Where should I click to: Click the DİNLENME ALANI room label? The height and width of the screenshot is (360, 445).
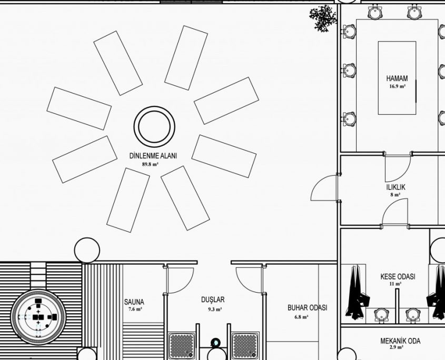pos(153,156)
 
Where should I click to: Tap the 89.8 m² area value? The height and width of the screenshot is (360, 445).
pos(150,164)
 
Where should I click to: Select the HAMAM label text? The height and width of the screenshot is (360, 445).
pos(397,78)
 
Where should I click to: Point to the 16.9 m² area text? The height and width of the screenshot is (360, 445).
pos(397,86)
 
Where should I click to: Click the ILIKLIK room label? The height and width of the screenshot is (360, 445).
pos(395,187)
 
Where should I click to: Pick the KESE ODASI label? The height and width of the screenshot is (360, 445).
pos(398,276)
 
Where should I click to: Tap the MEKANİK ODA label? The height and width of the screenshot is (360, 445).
pos(400,341)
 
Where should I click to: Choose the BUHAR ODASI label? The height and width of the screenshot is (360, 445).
pos(308,308)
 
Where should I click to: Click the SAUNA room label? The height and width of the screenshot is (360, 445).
pos(134,302)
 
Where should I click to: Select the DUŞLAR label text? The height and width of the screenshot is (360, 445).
pos(213,300)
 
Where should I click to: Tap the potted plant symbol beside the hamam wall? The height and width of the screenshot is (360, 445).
pos(323,18)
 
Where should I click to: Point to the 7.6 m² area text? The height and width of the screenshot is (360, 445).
pos(135,309)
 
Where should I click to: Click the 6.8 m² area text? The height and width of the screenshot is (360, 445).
pos(301,317)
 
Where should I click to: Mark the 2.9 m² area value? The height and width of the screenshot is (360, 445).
pos(397,347)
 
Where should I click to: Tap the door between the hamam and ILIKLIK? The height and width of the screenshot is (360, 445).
pos(398,168)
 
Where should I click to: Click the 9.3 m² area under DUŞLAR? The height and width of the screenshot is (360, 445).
pos(215,309)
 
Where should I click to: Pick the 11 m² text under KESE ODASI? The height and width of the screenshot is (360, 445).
pos(396,284)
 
